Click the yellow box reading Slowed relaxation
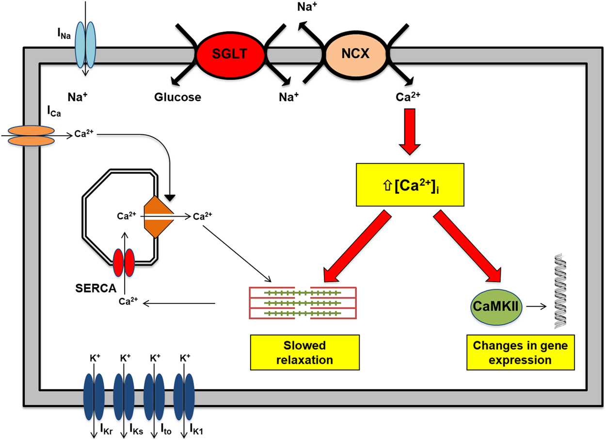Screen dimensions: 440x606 pos(304,353)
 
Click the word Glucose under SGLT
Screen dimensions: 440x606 pos(177,97)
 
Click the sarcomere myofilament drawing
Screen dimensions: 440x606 pos(303,302)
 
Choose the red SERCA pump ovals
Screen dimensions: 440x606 pos(124,262)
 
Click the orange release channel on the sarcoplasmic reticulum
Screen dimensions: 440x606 pos(157,217)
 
